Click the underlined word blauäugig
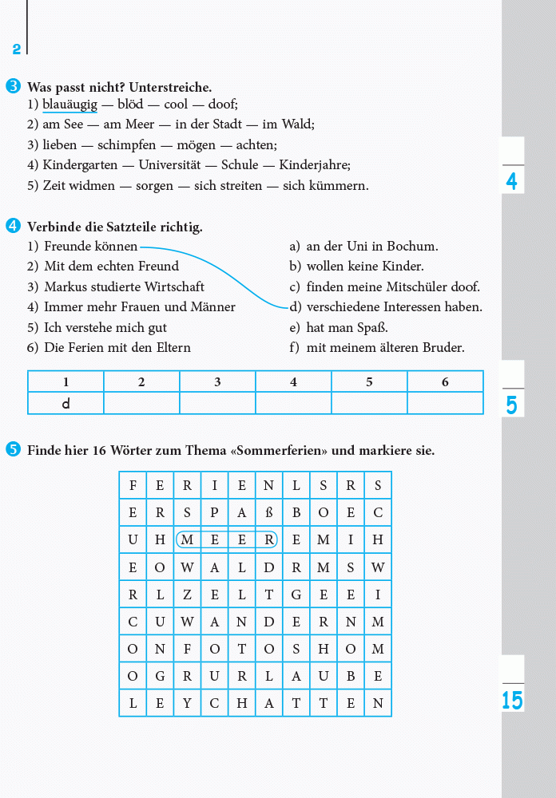tap(70, 105)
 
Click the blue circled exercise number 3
tap(13, 86)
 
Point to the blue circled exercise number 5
tap(13, 450)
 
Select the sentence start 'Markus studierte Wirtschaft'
tap(124, 286)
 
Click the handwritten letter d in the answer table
tap(66, 404)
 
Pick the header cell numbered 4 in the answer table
tap(293, 382)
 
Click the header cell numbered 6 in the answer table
tap(445, 382)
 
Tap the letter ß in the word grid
tap(269, 512)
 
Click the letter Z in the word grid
tap(188, 595)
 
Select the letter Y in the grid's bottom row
tap(188, 703)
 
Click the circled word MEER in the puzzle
tap(228, 540)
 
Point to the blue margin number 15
tap(512, 701)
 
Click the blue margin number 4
tap(512, 182)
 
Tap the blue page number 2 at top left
tap(16, 49)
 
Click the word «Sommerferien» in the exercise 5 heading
tap(279, 451)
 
